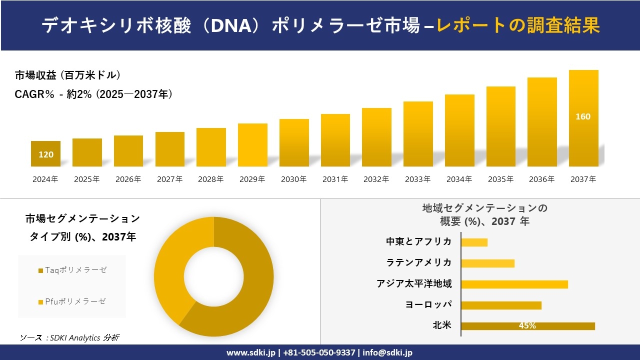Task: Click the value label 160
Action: click(583, 116)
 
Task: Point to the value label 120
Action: click(46, 154)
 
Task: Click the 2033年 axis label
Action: click(417, 179)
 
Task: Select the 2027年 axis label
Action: click(169, 179)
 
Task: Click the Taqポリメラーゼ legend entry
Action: click(72, 270)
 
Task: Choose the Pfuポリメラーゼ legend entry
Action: click(72, 301)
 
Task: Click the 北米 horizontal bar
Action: click(527, 326)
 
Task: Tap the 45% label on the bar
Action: click(527, 326)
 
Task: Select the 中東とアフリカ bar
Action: click(474, 242)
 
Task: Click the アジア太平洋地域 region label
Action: click(414, 284)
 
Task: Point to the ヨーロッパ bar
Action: click(501, 305)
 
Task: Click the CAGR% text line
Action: click(93, 94)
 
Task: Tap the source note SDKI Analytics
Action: click(69, 337)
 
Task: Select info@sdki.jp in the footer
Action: click(387, 352)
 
